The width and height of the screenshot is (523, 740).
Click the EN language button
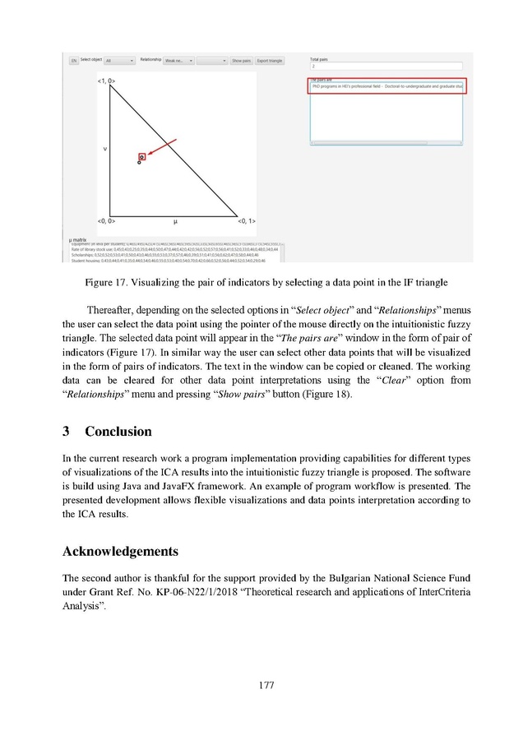click(x=73, y=61)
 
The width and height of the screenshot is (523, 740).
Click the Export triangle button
click(x=270, y=61)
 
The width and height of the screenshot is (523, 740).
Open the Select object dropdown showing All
click(x=120, y=61)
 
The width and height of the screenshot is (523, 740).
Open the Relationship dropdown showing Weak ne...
click(x=178, y=61)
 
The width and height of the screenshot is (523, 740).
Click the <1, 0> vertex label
click(x=106, y=81)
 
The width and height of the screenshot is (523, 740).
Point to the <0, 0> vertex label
click(x=106, y=221)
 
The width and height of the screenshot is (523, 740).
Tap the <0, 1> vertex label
click(x=247, y=221)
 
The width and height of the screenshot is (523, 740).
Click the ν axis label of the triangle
click(x=104, y=149)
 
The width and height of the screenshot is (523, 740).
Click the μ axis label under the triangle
click(x=175, y=221)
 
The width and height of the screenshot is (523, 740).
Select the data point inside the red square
click(x=141, y=155)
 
